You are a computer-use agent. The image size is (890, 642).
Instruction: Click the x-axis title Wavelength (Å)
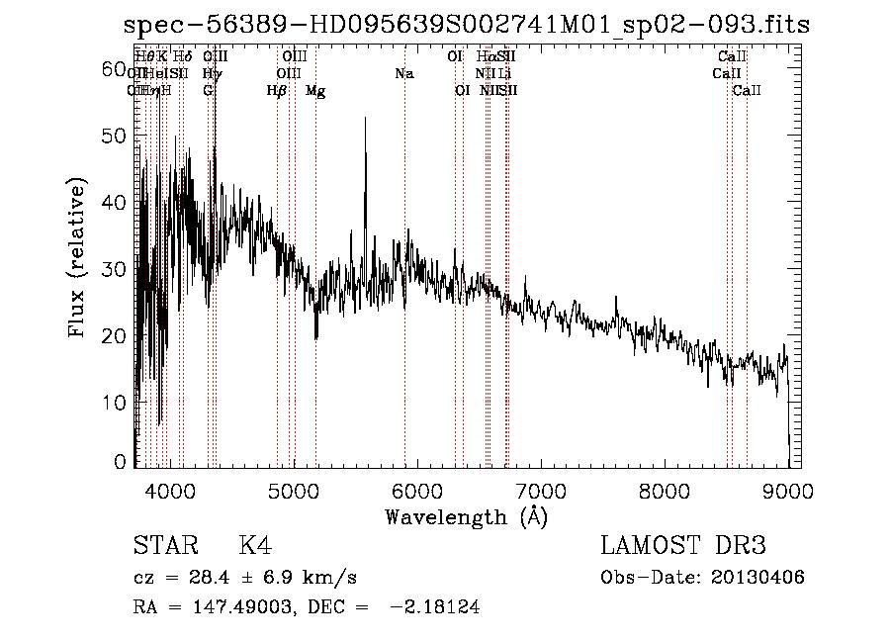click(x=466, y=515)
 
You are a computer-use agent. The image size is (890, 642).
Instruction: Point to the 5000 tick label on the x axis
click(x=293, y=490)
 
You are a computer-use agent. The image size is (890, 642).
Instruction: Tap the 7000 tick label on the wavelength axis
click(x=541, y=490)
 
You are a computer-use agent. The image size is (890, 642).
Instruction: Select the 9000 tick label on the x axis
click(x=788, y=490)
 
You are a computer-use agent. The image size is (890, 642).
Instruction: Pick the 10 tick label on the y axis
click(x=114, y=403)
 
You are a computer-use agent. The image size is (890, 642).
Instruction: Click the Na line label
click(x=403, y=73)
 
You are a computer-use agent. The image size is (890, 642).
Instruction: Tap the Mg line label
click(x=315, y=91)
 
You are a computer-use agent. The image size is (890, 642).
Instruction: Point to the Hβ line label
click(x=277, y=91)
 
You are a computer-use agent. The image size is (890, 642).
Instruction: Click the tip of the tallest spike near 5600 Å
click(x=366, y=118)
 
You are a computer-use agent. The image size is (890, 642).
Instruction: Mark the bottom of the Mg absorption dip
click(x=315, y=338)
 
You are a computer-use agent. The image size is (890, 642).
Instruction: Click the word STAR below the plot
click(x=163, y=546)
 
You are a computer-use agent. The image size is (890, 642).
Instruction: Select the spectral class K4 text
click(x=255, y=546)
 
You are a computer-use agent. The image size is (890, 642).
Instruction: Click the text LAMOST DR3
click(x=683, y=546)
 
